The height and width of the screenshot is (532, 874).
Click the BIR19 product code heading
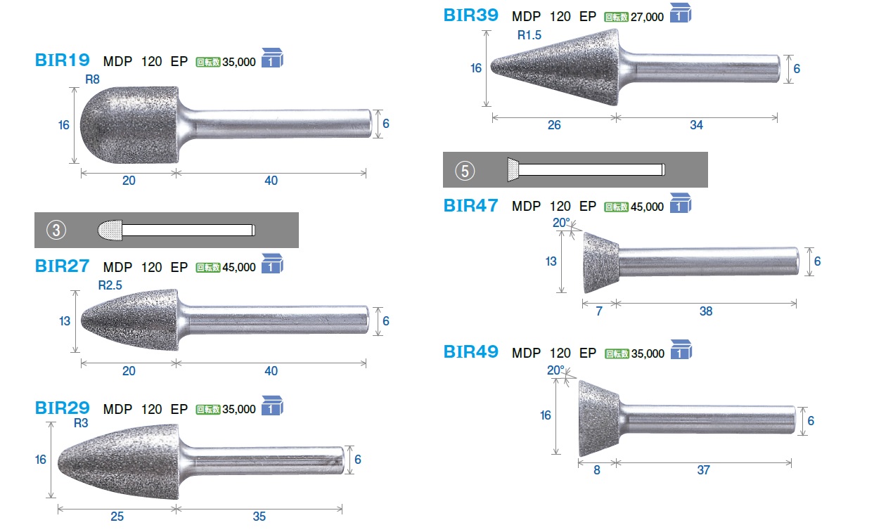(x=63, y=60)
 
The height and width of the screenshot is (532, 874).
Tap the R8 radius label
(x=93, y=79)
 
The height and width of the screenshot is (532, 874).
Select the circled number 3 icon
(x=56, y=230)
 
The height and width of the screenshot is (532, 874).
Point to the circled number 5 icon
(x=465, y=171)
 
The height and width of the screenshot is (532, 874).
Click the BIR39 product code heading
(x=471, y=15)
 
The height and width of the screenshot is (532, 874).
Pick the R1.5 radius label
(x=529, y=35)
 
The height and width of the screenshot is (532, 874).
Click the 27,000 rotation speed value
(x=647, y=17)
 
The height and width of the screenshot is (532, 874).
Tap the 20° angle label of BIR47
(x=561, y=223)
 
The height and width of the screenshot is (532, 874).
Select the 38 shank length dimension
(x=706, y=311)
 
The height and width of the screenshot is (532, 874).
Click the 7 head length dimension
(x=599, y=311)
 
